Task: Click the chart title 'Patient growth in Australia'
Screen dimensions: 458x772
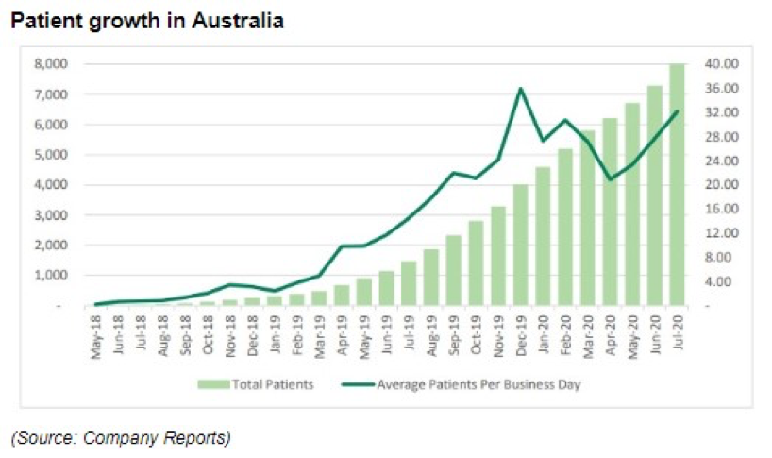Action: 146,20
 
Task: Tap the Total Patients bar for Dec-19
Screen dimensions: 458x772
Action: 521,246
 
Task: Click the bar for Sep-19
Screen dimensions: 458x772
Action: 454,271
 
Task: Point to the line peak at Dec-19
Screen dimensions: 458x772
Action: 521,89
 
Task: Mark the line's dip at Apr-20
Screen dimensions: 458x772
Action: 610,178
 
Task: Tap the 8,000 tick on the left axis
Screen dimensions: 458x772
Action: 50,64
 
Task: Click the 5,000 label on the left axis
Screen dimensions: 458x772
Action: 50,155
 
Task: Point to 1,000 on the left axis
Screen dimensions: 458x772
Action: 50,276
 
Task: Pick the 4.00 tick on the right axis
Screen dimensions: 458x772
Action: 710,281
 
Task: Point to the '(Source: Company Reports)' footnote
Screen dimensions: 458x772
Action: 120,437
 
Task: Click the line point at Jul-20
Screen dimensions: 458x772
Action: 677,112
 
